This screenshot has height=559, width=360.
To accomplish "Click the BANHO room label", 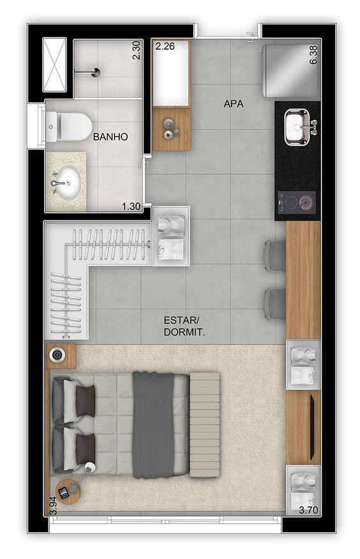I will click(110, 137).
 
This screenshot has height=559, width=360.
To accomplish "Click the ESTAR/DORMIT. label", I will click(188, 326).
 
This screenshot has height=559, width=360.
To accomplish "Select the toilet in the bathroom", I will click(69, 126).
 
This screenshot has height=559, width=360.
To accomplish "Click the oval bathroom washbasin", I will click(66, 181).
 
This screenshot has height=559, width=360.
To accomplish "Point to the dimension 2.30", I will click(136, 50).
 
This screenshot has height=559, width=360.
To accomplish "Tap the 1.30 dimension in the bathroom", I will click(131, 206).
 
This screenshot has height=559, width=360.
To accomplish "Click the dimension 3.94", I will click(52, 504).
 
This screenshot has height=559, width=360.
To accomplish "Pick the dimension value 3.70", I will click(308, 509).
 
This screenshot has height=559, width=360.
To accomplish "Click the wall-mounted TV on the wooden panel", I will click(311, 427).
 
